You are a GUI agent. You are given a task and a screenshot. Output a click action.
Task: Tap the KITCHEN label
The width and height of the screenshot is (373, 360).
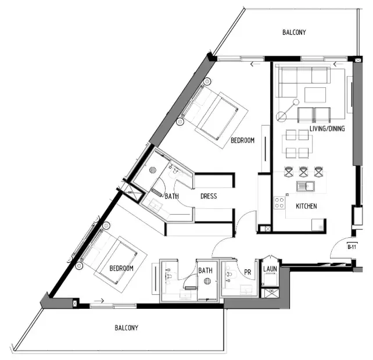306,206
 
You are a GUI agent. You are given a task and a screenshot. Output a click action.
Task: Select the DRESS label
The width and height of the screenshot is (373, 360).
209,197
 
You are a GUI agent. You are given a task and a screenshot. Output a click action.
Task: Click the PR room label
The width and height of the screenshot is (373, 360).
248,272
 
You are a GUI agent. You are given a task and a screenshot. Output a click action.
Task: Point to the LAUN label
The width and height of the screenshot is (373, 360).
269,269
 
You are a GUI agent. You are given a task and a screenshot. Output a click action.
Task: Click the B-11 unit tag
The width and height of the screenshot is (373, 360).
351,247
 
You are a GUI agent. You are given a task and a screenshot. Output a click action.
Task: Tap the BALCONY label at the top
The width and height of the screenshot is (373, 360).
294,33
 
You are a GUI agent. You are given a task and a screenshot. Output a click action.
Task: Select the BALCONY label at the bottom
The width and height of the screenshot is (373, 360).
126,328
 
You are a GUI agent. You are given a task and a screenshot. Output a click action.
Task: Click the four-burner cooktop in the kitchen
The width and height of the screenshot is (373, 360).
279,202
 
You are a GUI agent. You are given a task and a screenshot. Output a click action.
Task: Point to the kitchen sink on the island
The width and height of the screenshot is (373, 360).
304,187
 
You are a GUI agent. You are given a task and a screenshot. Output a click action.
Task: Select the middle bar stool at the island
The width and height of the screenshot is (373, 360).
303,172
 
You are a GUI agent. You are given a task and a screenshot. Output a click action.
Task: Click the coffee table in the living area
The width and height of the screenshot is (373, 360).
315,94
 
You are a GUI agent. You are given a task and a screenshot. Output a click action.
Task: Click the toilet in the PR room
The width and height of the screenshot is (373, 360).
230,271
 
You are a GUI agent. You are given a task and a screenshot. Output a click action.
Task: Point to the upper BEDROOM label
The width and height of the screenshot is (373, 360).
242,141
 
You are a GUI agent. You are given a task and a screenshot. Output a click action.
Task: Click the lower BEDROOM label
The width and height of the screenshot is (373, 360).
121,268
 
